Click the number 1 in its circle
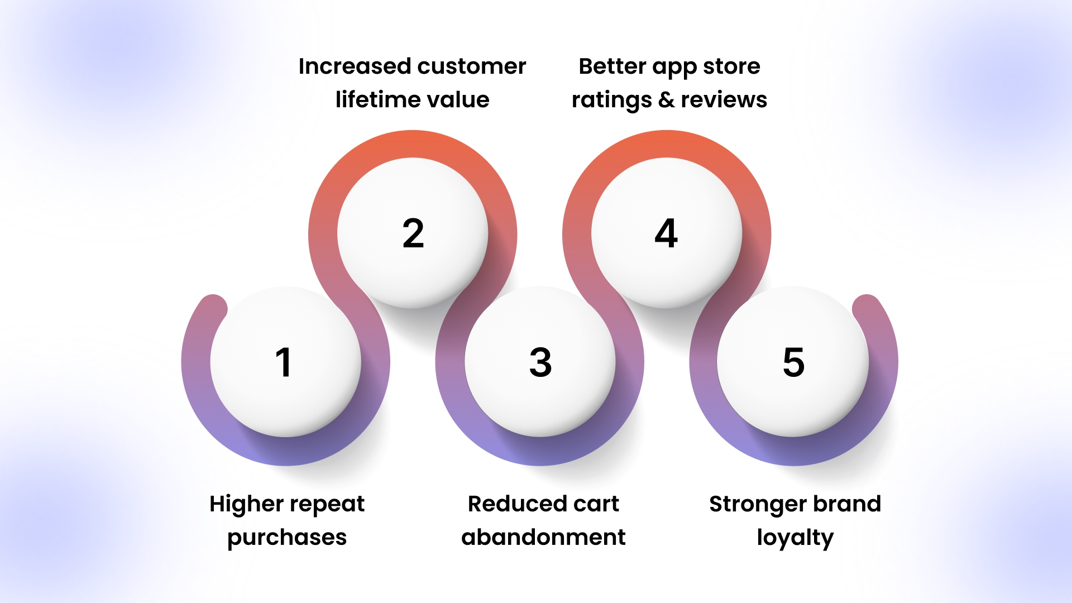tap(284, 362)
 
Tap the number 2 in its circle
tap(413, 233)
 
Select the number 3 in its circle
tap(540, 362)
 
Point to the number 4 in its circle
tap(666, 233)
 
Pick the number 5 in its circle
tap(793, 362)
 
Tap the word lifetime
tap(370, 99)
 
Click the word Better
tap(612, 66)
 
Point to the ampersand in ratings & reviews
tap(666, 100)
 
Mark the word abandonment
tap(543, 537)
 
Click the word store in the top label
tap(731, 67)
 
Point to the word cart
tap(592, 505)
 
